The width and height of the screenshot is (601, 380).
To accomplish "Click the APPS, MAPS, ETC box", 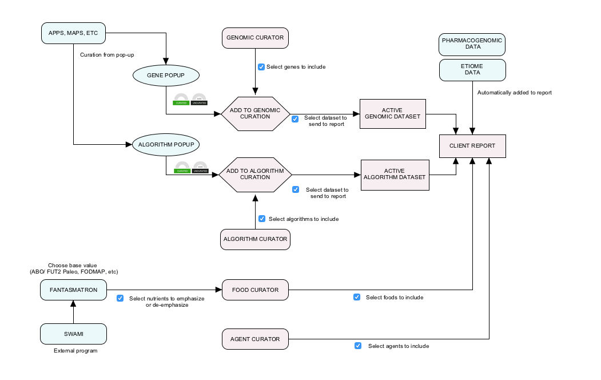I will click(74, 33).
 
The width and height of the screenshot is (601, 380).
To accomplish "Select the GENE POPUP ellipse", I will click(165, 75).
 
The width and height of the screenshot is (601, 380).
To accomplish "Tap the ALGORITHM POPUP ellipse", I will click(165, 145).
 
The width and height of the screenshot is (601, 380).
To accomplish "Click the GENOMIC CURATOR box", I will click(255, 38).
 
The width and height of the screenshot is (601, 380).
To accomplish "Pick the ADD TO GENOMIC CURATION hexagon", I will click(255, 113).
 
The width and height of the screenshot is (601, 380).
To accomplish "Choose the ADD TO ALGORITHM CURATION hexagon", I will click(255, 174).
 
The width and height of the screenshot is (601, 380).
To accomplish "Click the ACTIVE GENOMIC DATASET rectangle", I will click(393, 113).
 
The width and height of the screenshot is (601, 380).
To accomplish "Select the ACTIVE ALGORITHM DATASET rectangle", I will click(395, 174).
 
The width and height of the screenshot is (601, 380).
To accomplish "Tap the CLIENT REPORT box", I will click(472, 146).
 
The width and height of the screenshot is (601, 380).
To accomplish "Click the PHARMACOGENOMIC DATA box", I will click(472, 44).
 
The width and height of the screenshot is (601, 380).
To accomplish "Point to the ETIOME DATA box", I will click(472, 70).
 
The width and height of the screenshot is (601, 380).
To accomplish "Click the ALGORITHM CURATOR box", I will click(255, 239).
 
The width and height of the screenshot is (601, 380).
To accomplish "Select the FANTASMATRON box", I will click(74, 290).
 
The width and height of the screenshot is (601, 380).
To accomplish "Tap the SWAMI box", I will click(74, 334).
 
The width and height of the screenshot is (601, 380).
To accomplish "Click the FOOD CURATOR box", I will click(255, 290).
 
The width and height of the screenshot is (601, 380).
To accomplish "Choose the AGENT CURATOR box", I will click(255, 339).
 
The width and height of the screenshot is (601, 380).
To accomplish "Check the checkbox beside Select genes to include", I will click(261, 67).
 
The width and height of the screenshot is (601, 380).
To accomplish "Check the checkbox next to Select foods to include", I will click(357, 297).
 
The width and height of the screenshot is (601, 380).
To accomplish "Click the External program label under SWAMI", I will click(75, 351).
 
